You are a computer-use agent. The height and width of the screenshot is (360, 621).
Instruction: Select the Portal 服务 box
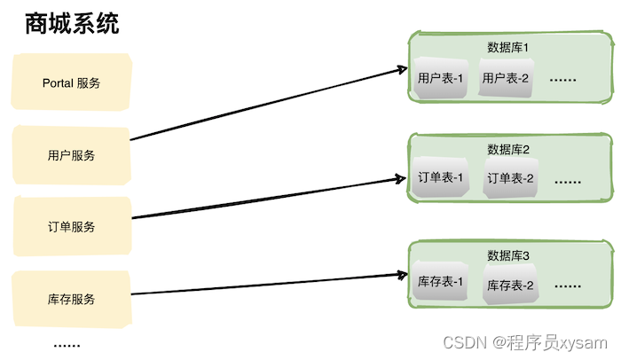(71, 83)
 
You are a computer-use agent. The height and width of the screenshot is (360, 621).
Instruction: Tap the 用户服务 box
(71, 155)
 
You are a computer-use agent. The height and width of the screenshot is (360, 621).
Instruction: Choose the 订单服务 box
(71, 226)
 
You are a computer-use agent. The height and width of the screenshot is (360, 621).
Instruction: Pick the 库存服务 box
(71, 298)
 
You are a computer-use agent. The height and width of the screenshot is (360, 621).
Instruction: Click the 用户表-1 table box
(441, 79)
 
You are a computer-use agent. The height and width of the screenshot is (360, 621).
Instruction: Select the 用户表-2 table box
(506, 79)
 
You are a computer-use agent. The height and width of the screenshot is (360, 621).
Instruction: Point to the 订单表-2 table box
(510, 179)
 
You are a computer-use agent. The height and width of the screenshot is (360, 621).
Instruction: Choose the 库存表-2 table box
(509, 286)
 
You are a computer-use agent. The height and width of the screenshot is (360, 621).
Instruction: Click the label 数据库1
(508, 47)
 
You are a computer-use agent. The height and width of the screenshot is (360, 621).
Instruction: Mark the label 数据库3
(508, 255)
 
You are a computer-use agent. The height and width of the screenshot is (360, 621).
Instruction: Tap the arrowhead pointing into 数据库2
(399, 178)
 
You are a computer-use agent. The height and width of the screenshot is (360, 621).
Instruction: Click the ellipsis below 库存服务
(67, 345)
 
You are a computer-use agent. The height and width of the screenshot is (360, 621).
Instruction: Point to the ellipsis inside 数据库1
(563, 80)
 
